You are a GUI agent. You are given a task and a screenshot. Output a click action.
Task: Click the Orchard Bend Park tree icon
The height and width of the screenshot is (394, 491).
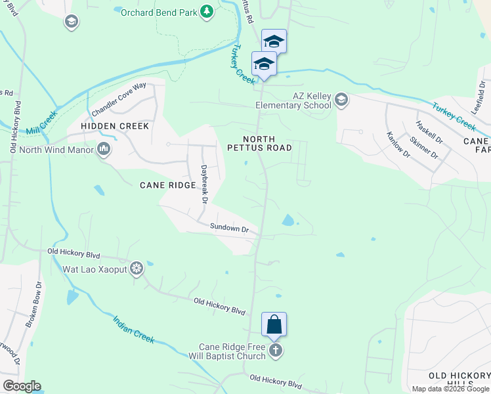207,11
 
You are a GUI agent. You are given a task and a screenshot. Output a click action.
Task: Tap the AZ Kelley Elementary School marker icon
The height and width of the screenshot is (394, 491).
341,100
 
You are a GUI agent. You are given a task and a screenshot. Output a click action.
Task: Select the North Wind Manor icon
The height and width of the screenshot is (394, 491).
104,149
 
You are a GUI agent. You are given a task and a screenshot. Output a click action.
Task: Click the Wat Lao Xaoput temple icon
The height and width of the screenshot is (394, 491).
137,269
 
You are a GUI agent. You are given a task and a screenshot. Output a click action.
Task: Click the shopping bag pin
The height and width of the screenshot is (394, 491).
274,325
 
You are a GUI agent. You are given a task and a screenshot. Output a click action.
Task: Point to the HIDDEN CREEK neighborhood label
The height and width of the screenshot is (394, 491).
115,125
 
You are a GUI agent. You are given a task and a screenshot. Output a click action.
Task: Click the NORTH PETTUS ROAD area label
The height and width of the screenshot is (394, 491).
267,143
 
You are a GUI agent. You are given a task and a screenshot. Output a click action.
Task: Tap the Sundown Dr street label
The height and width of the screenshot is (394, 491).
229,228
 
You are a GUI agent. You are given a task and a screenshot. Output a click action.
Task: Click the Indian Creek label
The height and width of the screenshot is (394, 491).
133,330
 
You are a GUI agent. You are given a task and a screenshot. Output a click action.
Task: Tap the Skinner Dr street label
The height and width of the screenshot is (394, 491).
423,148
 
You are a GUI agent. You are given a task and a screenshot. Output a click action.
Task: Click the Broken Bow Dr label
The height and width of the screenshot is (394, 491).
33,305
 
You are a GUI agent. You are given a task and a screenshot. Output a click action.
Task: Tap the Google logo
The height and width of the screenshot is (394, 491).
22,386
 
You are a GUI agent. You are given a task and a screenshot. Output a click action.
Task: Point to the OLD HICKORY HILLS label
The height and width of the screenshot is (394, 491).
459,379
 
